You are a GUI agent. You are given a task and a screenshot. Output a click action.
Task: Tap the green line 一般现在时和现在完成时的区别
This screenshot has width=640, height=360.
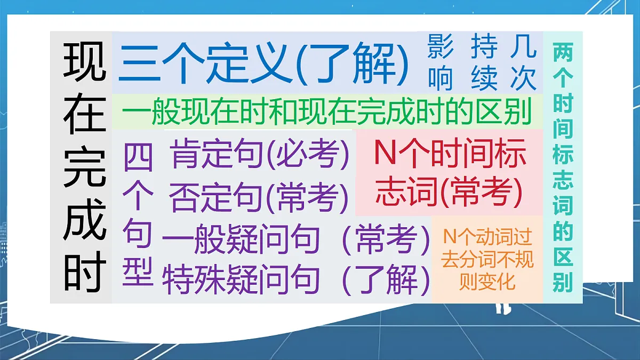[x=326, y=113]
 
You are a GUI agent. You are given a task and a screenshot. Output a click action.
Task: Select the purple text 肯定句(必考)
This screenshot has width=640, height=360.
[x=260, y=155]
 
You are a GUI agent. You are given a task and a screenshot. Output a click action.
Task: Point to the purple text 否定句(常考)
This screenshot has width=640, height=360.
[x=259, y=197]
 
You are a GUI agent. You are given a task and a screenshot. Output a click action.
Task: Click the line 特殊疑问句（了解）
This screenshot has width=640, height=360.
[x=295, y=279]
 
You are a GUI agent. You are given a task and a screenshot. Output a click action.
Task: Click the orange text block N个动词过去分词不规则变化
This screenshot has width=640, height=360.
[x=487, y=259]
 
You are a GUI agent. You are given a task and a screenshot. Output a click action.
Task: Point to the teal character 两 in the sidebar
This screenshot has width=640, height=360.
[x=562, y=53]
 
